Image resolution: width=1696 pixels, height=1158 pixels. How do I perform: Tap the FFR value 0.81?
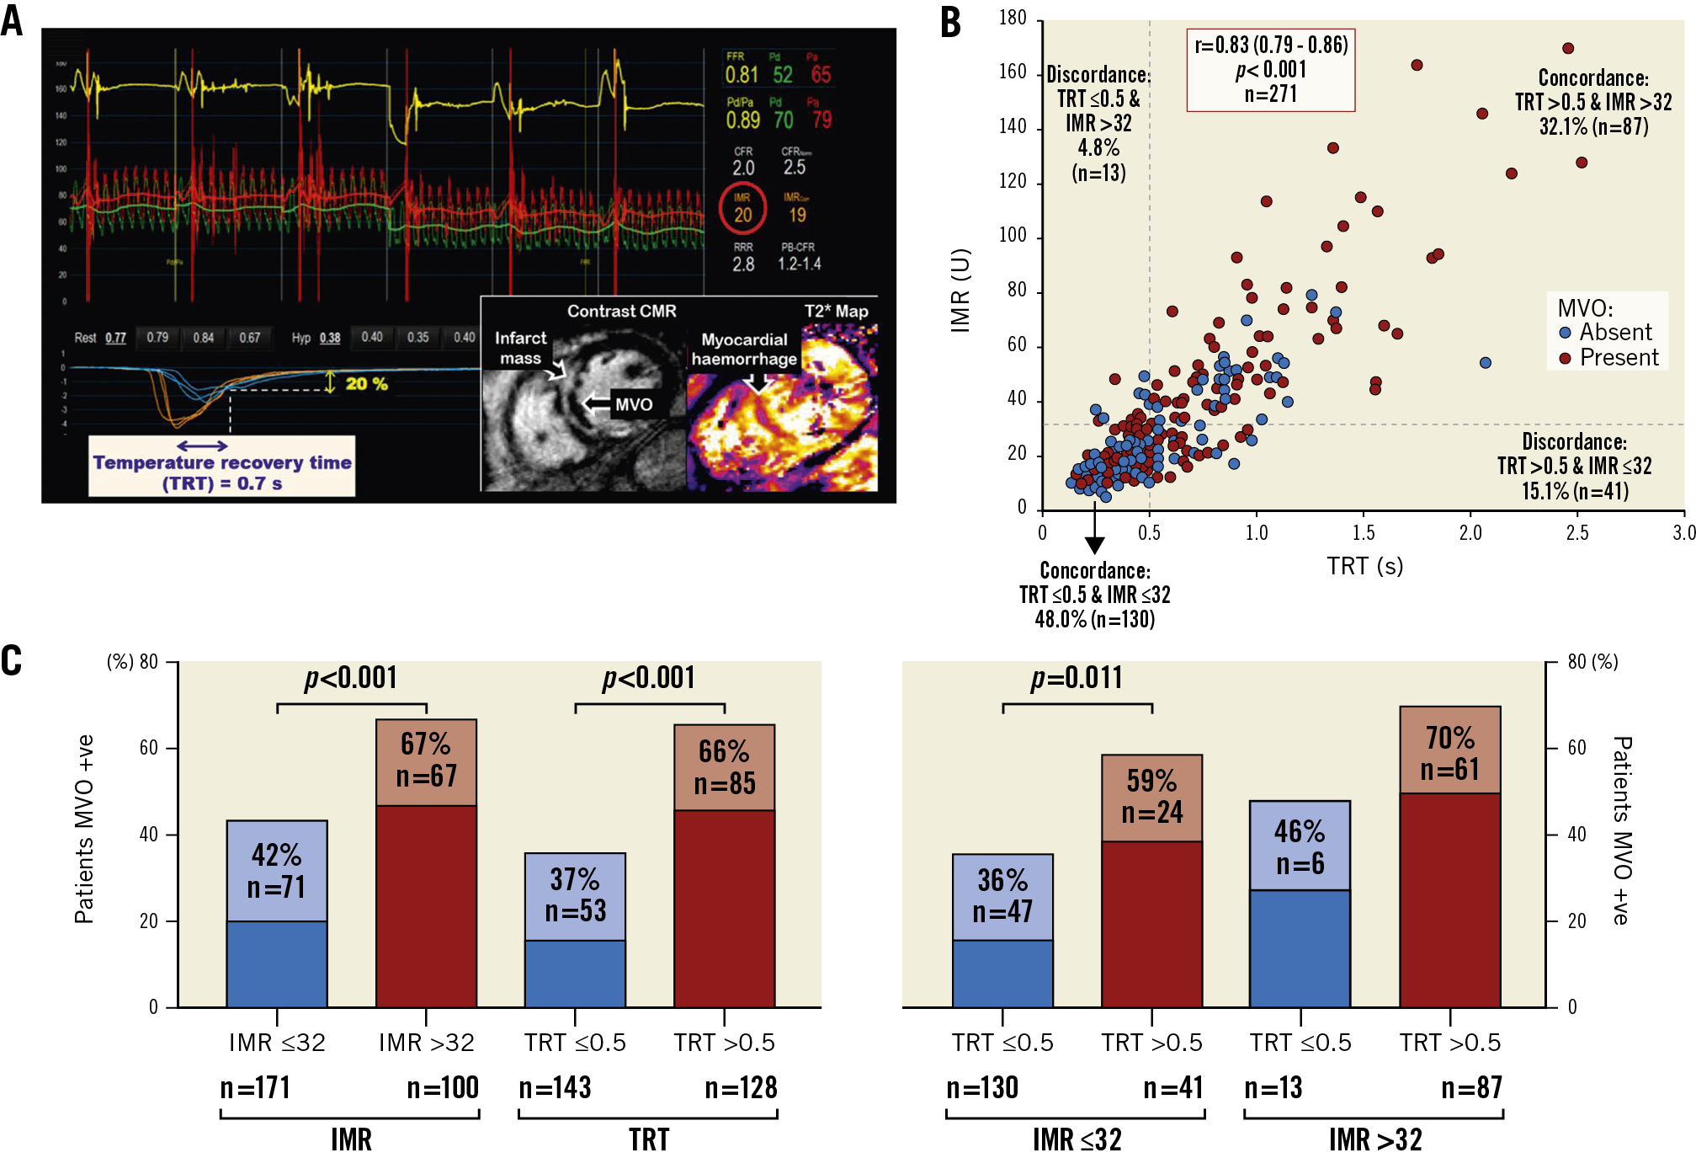pos(742,75)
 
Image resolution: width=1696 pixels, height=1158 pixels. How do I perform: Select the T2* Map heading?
pos(835,311)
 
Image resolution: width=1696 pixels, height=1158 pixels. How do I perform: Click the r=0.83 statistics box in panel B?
pos(1270,70)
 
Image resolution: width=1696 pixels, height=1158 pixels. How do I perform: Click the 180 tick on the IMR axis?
pos(1013,18)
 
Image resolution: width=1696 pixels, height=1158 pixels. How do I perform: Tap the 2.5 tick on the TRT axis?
pos(1576,533)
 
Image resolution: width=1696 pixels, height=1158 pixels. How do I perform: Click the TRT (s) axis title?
pos(1364,566)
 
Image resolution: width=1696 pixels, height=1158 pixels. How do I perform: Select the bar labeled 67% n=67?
pos(426,863)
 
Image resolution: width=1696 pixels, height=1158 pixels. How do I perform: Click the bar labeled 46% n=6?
pos(1300,904)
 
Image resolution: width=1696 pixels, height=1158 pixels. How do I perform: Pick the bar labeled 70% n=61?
pos(1449,856)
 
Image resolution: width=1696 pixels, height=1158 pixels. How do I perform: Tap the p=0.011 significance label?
pos(1077,678)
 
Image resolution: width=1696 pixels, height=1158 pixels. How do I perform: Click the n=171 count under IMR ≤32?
pos(255,1088)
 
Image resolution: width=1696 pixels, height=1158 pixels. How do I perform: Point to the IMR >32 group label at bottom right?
pos(1374,1139)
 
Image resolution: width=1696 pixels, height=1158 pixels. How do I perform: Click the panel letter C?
pos(12,661)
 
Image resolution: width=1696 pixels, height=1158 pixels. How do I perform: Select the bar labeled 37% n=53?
pos(575,930)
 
